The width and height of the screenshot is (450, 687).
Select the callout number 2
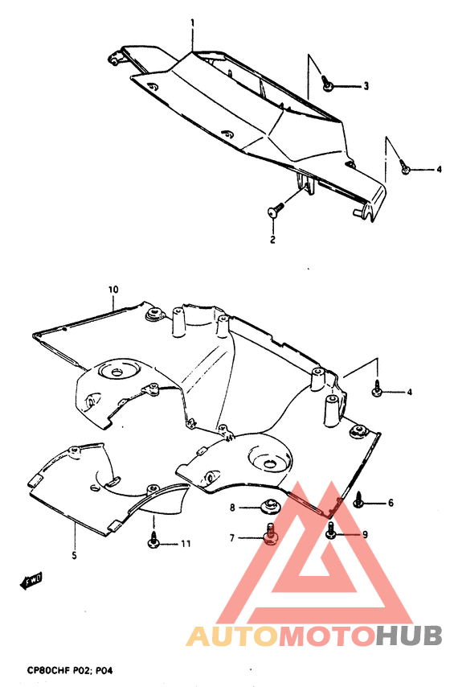click(x=272, y=240)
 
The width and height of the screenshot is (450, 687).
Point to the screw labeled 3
click(x=328, y=83)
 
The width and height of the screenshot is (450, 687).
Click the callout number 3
click(x=366, y=86)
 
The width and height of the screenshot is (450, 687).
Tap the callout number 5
click(x=74, y=555)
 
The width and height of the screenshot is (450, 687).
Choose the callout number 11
click(x=186, y=545)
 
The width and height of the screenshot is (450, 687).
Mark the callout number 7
click(x=232, y=537)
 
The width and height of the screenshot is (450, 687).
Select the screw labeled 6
click(x=358, y=503)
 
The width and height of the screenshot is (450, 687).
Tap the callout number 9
click(x=364, y=534)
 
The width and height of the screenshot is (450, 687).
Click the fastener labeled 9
click(x=331, y=531)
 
